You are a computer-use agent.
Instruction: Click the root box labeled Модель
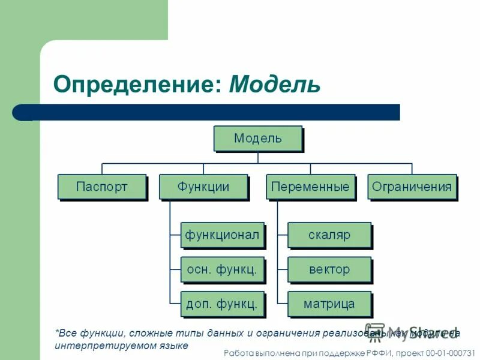click(257, 138)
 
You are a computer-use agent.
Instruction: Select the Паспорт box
click(102, 187)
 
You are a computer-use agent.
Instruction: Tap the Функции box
click(203, 187)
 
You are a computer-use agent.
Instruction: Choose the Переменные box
click(310, 187)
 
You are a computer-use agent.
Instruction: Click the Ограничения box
click(412, 187)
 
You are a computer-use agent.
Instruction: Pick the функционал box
click(223, 235)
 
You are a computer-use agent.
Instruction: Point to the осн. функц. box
click(223, 269)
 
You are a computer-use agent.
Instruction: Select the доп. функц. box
click(223, 304)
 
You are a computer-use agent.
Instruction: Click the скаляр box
click(329, 235)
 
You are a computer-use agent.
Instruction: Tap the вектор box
click(329, 269)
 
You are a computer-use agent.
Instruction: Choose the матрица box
click(329, 304)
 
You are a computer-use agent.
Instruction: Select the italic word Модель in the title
click(275, 84)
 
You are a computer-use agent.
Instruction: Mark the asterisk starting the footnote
click(57, 332)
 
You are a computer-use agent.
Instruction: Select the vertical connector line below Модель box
click(258, 157)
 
